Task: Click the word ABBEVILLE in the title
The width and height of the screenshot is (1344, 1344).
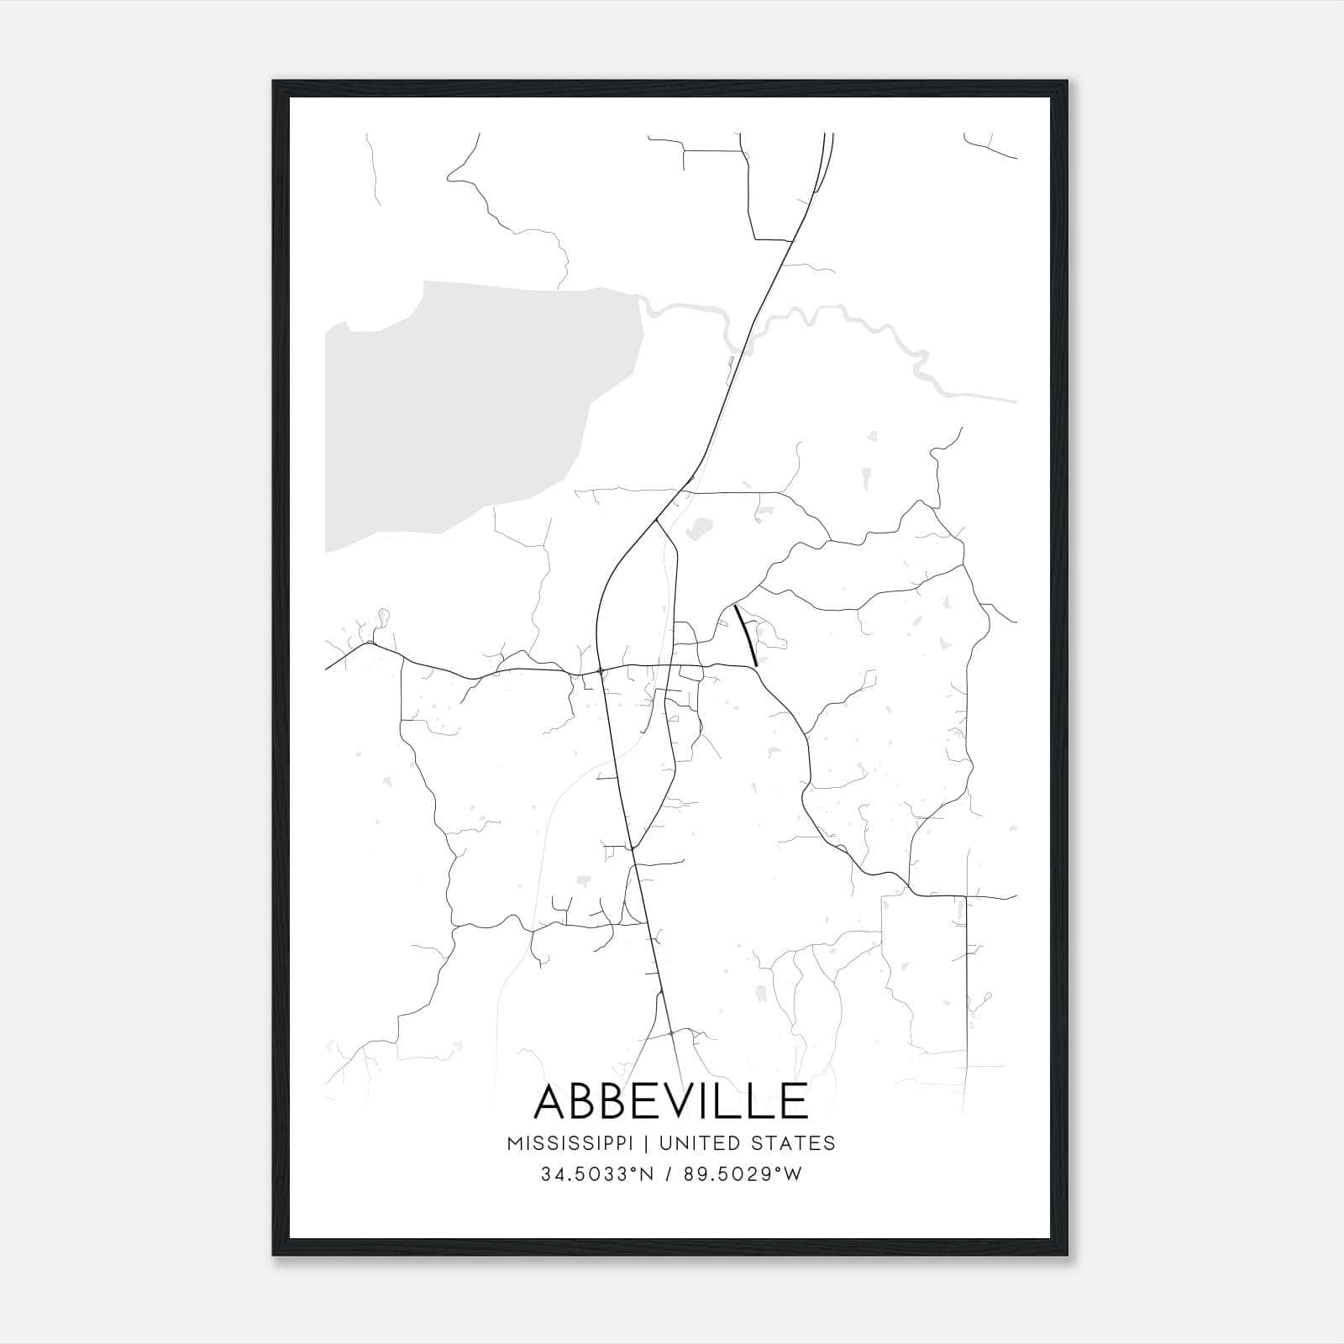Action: point(670,1101)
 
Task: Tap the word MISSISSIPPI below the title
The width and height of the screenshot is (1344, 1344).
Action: point(578,1143)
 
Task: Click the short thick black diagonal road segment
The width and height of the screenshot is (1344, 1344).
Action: point(746,635)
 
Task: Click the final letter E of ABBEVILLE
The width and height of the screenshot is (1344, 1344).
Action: point(791,1101)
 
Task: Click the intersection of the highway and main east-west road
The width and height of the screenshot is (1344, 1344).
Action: point(600,670)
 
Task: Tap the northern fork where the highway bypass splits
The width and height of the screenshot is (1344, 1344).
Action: point(655,521)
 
